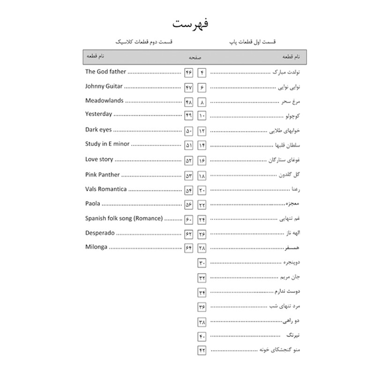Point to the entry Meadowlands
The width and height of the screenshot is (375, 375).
click(105, 101)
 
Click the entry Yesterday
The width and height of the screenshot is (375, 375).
click(99, 114)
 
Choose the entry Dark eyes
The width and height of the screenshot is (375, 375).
click(98, 130)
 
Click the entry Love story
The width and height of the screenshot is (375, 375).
click(99, 159)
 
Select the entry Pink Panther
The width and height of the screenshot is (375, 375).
click(103, 174)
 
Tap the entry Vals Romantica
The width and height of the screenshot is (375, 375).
click(106, 189)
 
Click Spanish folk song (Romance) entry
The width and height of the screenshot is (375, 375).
click(124, 218)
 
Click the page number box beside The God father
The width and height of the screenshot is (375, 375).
click(188, 73)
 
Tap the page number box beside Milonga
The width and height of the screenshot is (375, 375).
click(188, 248)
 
